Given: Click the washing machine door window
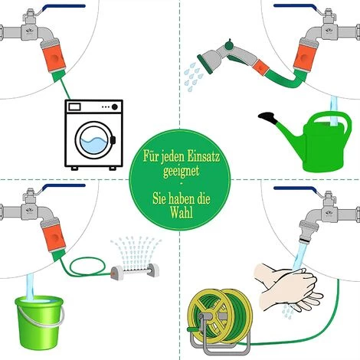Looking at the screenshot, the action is [x=93, y=140].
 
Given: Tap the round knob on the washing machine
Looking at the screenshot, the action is [x=115, y=107].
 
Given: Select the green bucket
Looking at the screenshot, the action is [x=39, y=322].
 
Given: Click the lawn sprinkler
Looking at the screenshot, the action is [x=135, y=271].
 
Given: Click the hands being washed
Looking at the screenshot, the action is [x=289, y=286].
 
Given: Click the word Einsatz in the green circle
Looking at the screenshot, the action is [x=203, y=155].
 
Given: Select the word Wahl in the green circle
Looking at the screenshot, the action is [x=182, y=211].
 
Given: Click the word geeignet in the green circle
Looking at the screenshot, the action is [x=182, y=170].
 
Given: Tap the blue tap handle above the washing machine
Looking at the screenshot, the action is [x=64, y=7].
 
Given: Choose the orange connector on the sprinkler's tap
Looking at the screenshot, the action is [x=54, y=238].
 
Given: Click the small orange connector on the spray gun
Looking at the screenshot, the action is [x=261, y=67].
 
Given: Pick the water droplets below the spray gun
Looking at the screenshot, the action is [x=193, y=76].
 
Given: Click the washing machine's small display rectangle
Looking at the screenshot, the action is [x=74, y=106].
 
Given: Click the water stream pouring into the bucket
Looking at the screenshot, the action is [x=30, y=286].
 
